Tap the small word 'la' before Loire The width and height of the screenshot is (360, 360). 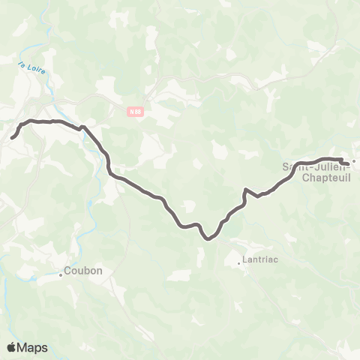click(x=22, y=64)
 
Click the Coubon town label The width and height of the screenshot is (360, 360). click(x=83, y=271)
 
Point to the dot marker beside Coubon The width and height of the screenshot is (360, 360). click(x=61, y=274)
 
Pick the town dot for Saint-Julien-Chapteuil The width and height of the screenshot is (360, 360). click(x=355, y=160)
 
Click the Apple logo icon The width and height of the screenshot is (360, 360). click(x=11, y=347)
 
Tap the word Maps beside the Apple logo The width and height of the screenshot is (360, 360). click(x=33, y=347)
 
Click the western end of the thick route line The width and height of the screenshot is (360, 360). click(x=13, y=137)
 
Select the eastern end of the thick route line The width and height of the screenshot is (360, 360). click(x=347, y=162)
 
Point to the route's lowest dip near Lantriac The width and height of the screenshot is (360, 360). click(x=207, y=238)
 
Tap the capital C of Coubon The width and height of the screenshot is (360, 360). click(x=68, y=271)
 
